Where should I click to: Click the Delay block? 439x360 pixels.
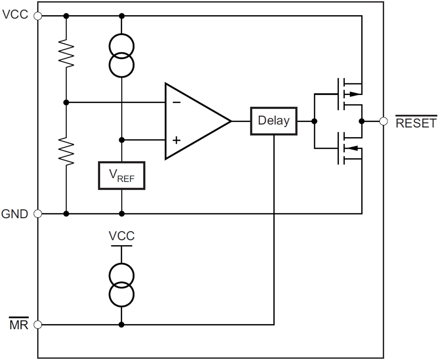(x=274, y=121)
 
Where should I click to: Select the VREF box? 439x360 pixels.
(x=122, y=175)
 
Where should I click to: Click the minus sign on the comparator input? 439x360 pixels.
(x=176, y=102)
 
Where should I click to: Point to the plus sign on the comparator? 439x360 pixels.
(x=176, y=140)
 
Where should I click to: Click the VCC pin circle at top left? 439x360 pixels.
(x=38, y=16)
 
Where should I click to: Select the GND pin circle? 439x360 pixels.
(x=38, y=214)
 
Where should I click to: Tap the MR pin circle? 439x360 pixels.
(x=38, y=325)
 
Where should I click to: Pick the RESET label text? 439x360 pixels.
(x=416, y=123)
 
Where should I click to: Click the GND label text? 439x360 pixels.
(x=15, y=214)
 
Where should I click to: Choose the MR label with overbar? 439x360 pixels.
(x=19, y=325)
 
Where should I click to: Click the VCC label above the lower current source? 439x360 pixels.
(x=122, y=236)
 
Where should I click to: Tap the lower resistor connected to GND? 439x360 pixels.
(x=66, y=151)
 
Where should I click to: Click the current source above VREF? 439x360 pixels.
(x=122, y=56)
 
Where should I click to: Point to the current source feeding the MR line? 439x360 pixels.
(x=122, y=285)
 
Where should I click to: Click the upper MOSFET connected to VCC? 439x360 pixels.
(x=343, y=94)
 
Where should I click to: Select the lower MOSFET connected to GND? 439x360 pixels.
(x=343, y=149)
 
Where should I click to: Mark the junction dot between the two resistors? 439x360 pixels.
(x=66, y=102)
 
